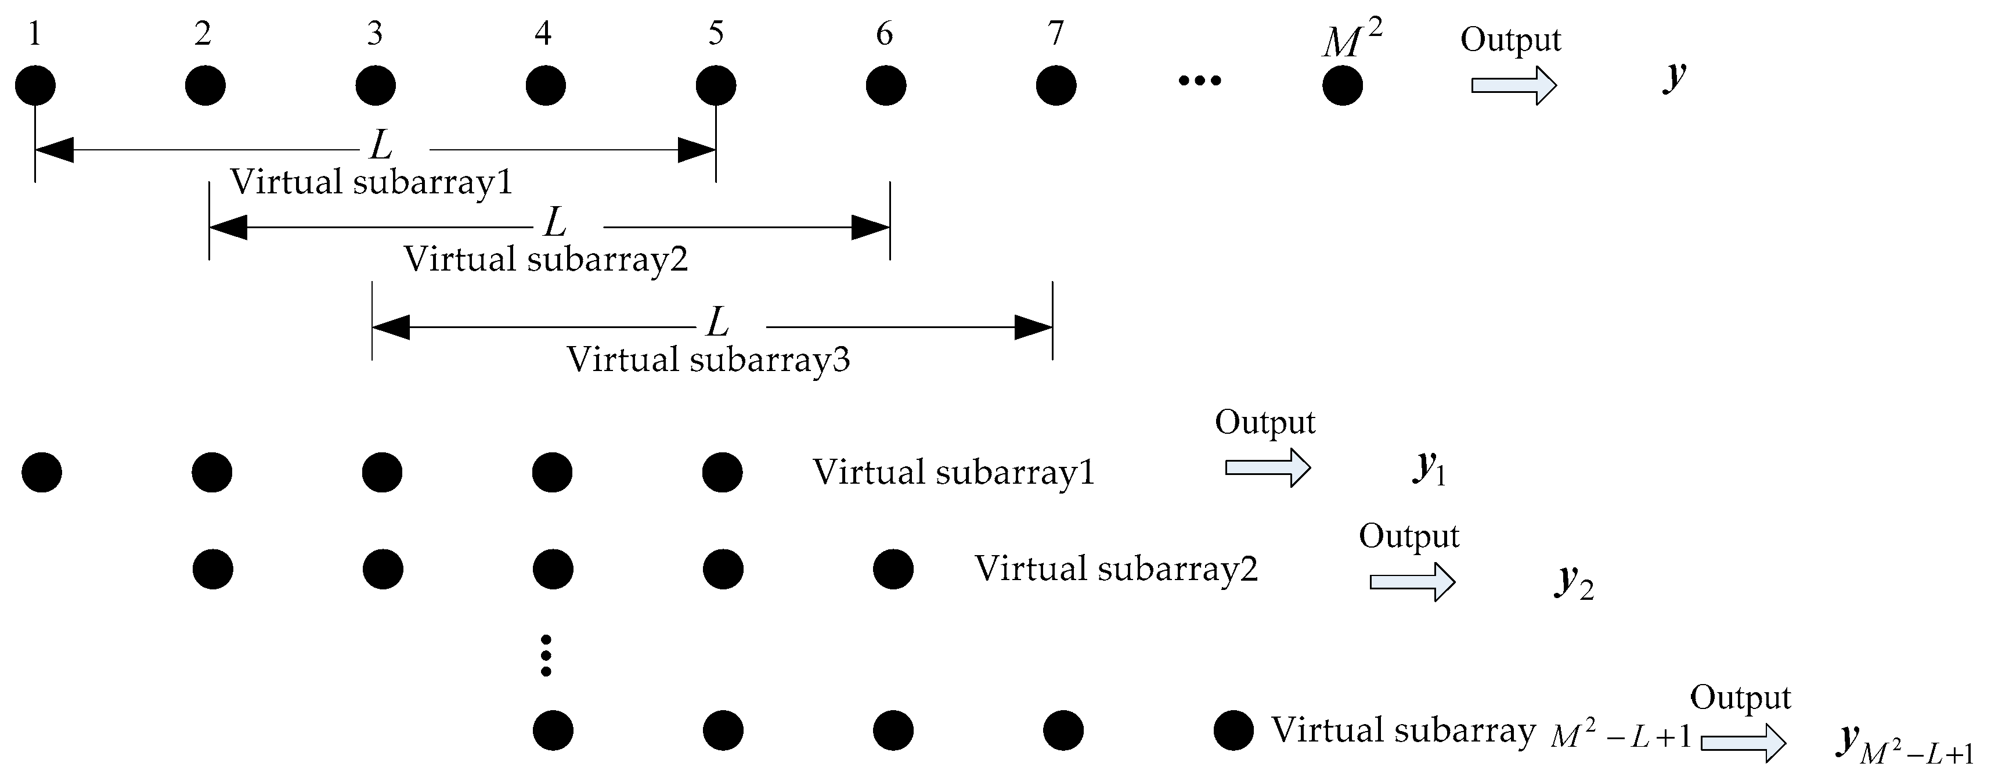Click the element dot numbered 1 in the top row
point(35,85)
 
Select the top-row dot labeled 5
point(716,85)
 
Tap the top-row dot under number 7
point(1056,85)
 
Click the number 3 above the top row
point(375,33)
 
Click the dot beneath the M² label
point(1343,85)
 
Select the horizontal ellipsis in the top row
point(1200,80)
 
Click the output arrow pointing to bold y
point(1513,85)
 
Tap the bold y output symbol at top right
point(1674,76)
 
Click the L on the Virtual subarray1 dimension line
point(381,145)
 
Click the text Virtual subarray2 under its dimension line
point(546,259)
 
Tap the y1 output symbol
point(1429,468)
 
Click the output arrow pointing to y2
point(1412,581)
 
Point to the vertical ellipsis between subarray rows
point(546,655)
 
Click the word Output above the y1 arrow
point(1264,422)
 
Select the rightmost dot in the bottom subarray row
point(1233,730)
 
